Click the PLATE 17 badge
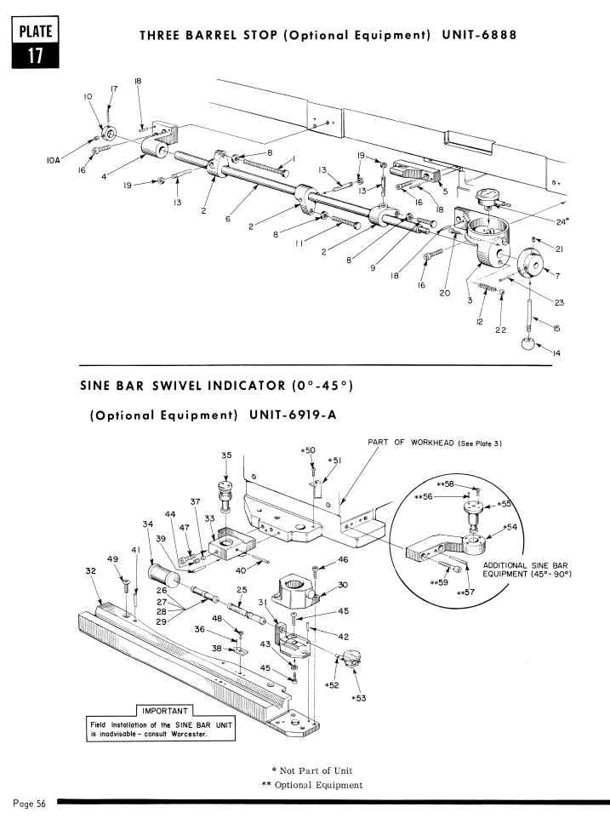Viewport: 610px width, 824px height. (x=35, y=42)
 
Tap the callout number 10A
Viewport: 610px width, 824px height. (x=54, y=160)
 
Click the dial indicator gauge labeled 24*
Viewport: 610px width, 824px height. (x=487, y=200)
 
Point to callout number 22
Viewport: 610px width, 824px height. (x=501, y=330)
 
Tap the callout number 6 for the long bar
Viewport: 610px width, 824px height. (x=227, y=219)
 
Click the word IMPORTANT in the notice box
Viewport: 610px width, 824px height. (x=165, y=711)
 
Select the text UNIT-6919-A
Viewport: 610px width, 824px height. (x=294, y=415)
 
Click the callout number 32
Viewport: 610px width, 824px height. (x=90, y=570)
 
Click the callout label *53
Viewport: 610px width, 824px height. (x=359, y=698)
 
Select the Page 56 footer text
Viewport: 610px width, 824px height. (x=30, y=804)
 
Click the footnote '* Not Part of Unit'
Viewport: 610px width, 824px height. (x=312, y=771)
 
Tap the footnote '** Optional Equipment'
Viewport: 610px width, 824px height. (x=312, y=785)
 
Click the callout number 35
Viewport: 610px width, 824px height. (x=226, y=455)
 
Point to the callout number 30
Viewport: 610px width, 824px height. (x=343, y=585)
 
